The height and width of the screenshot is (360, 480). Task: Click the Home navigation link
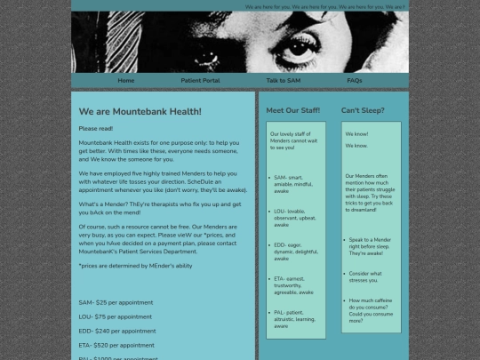pos(126,80)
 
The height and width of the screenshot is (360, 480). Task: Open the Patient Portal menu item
pos(200,80)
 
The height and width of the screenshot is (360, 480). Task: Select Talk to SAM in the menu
pos(283,80)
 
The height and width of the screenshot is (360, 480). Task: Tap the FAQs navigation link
pos(355,80)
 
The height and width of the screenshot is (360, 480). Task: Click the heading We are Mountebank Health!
pos(140,111)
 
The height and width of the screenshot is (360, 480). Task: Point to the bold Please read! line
pos(96,129)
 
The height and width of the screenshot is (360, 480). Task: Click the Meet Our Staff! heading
pos(293,110)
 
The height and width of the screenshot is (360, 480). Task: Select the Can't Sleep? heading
pos(363,110)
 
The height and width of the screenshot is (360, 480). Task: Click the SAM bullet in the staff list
pos(294,184)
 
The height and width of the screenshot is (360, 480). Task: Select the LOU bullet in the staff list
pos(294,218)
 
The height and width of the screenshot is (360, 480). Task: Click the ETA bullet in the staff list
pos(294,284)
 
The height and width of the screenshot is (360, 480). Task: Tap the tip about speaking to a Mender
pos(372,246)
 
